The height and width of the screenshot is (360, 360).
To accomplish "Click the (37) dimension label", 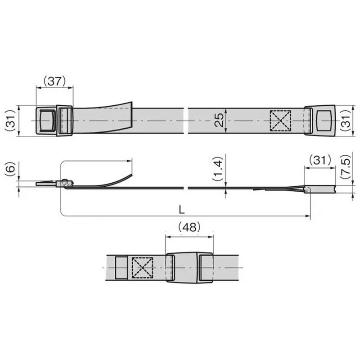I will pos(54,81).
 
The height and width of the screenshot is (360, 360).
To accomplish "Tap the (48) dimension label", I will pos(189,228).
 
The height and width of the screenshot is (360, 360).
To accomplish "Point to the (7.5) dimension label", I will pos(346,168).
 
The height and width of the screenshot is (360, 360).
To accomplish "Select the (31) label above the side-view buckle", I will pos(320,160).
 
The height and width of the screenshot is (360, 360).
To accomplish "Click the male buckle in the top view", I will pos(53,120).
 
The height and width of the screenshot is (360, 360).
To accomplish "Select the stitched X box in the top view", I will pos(280,121).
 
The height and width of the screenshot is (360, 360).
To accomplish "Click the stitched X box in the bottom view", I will pos(142,268).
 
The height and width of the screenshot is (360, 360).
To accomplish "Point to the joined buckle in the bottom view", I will pos(189,267).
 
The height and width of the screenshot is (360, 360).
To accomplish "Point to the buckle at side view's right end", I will pos(320,189).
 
